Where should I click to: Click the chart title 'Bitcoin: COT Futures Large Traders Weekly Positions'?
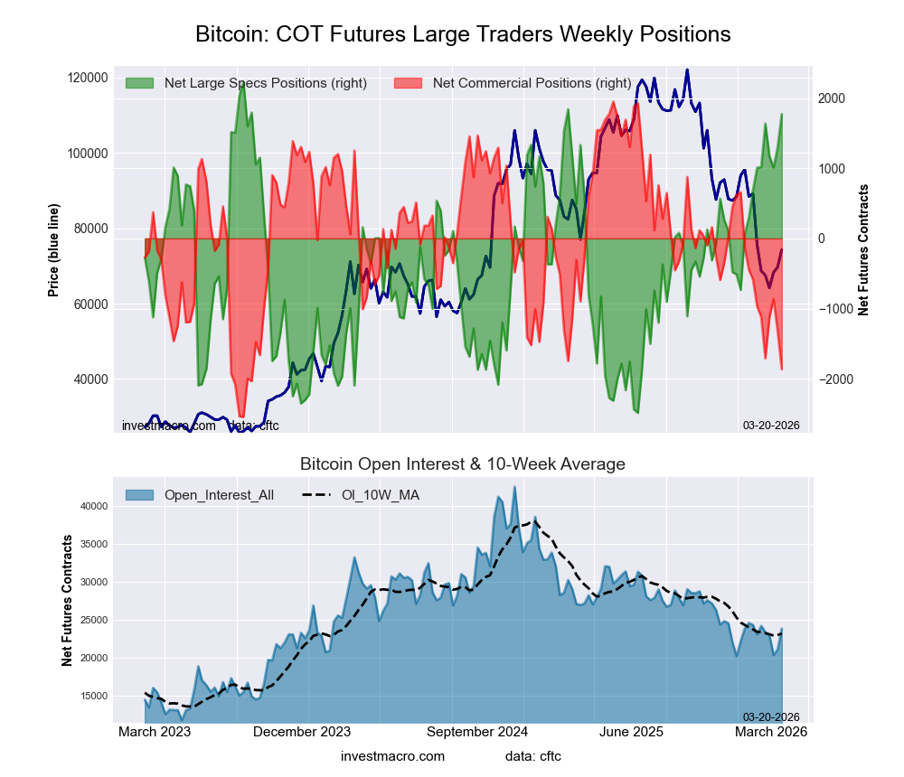463,34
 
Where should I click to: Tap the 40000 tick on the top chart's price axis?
90,379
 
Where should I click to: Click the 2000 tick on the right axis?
832,98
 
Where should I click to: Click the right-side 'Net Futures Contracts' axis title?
863,250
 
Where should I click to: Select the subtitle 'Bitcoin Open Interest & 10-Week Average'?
463,464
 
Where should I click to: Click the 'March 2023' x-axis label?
155,732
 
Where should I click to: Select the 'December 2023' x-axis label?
302,732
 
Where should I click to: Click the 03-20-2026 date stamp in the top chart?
771,426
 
